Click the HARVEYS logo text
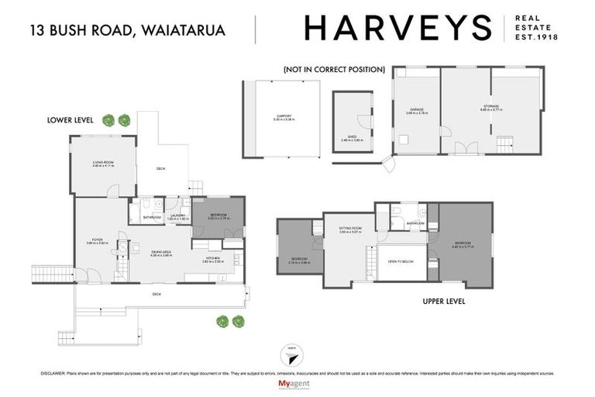coord(398,28)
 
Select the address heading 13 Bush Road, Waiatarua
coord(128,30)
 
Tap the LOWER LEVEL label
coord(71,120)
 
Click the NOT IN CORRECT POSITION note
coord(334,69)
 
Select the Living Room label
coord(103,163)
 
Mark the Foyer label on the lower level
coord(96,241)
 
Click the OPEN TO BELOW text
coord(401,261)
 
